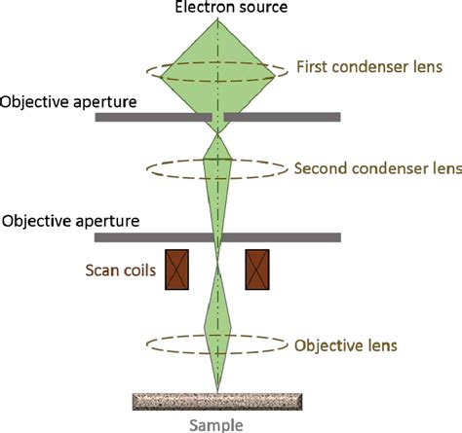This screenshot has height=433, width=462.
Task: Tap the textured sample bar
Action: (216, 401)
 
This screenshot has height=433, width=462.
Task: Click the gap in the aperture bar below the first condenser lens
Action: (217, 117)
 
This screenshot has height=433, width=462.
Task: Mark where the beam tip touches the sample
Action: (217, 392)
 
